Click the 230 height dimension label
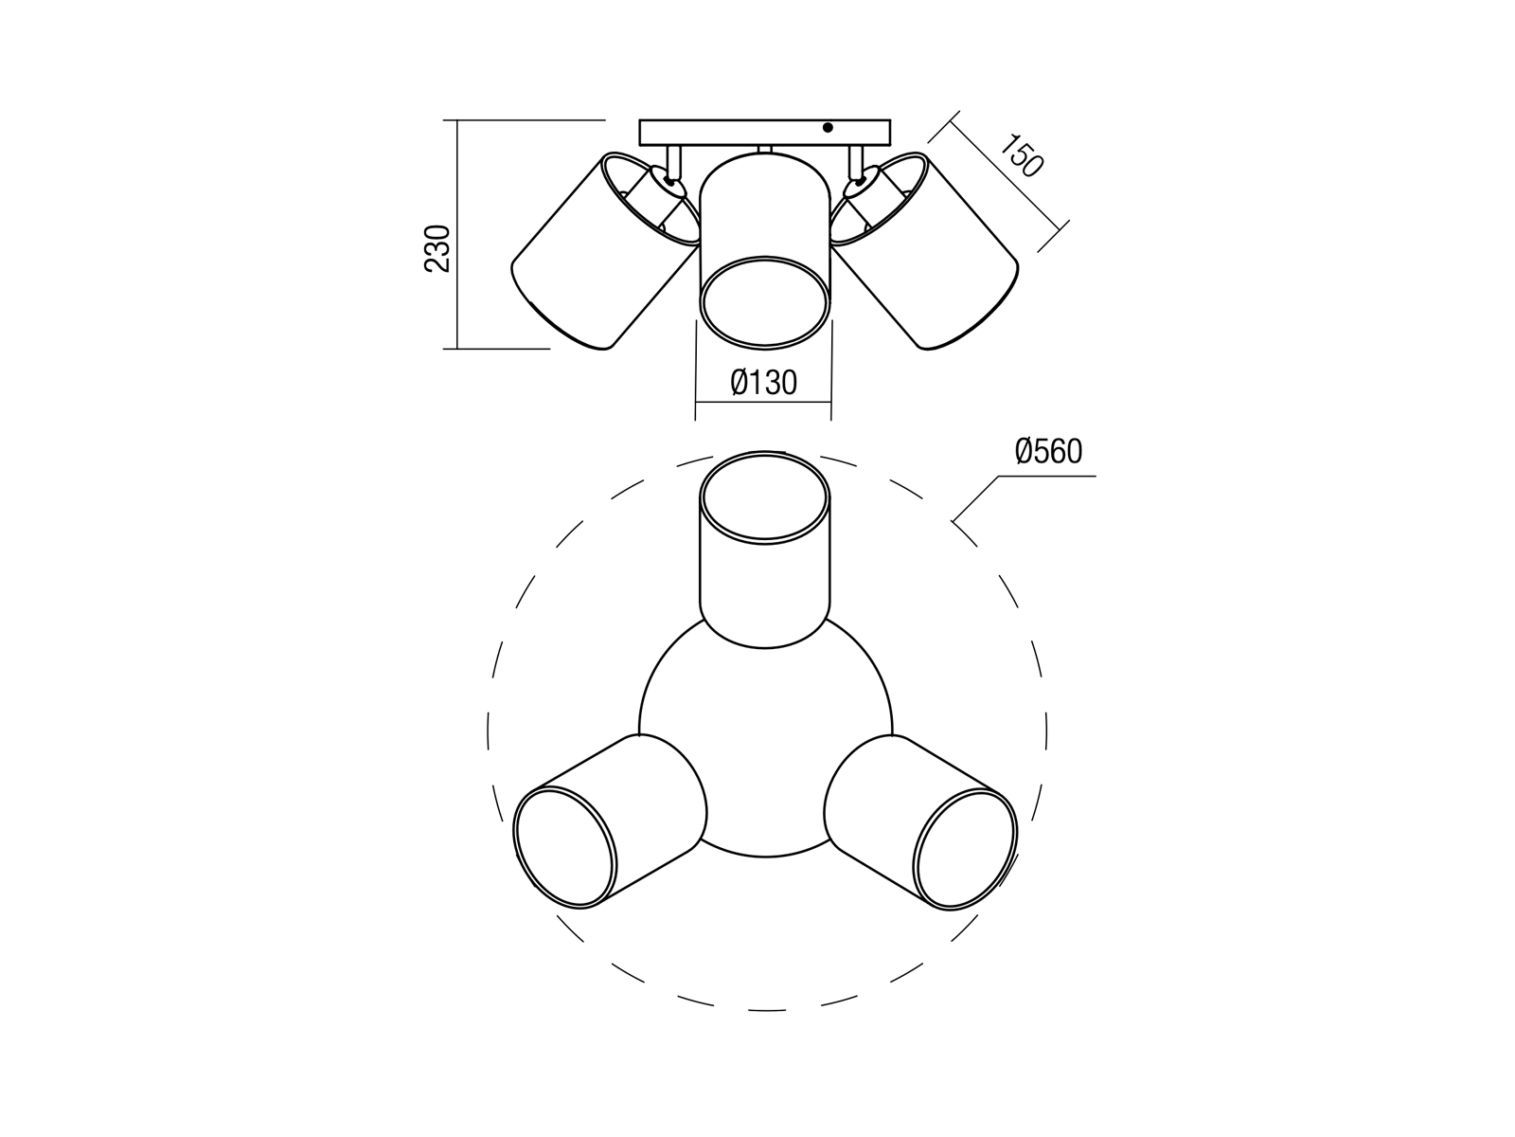pos(437,248)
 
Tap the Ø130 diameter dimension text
pos(763,383)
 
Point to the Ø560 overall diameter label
pos(1048,452)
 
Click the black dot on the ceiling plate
pos(828,128)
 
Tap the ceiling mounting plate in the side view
pos(765,133)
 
